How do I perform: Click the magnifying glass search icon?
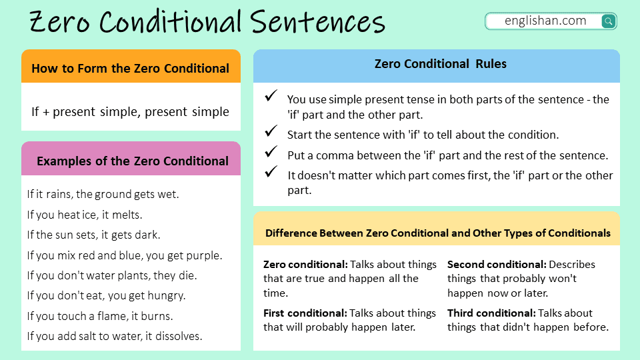point(608,21)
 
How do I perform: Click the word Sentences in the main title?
point(318,23)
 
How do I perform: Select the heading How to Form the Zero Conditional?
point(130,68)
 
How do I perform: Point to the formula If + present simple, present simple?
point(130,111)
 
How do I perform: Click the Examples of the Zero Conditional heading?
point(132,161)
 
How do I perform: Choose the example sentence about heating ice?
point(85,215)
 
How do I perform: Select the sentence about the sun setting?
point(93,235)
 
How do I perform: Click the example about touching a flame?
point(100,316)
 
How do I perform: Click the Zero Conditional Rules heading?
point(440,64)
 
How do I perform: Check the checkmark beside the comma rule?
point(271,153)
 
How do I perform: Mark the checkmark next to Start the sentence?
point(271,131)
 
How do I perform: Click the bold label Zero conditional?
point(305,265)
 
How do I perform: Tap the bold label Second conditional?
point(497,265)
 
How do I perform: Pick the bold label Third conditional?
point(491,313)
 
